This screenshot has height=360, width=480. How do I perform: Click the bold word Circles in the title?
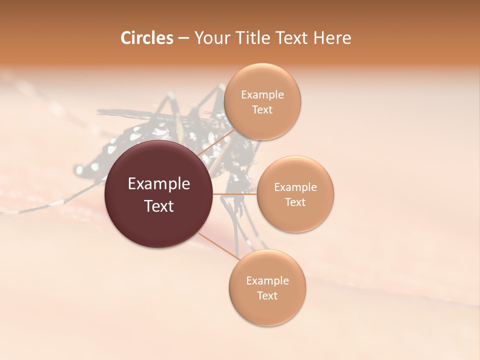[147, 38]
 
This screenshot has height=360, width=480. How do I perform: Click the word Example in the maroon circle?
[159, 184]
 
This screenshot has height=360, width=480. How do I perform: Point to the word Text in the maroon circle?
[159, 206]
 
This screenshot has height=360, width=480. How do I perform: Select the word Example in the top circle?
[262, 95]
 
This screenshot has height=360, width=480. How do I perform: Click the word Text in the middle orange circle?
[295, 202]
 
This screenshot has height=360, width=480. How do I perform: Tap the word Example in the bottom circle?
[267, 281]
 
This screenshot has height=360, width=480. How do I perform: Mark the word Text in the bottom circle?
[267, 296]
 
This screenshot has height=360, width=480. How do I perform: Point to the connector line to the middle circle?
[235, 194]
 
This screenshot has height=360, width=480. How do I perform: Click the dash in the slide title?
[183, 38]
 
